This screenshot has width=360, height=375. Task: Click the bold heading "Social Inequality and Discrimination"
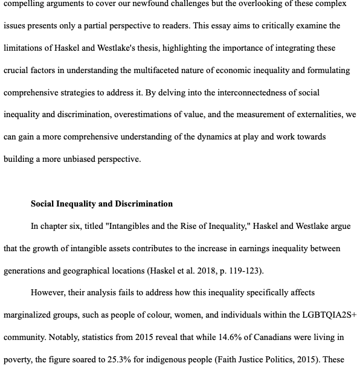(101, 204)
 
